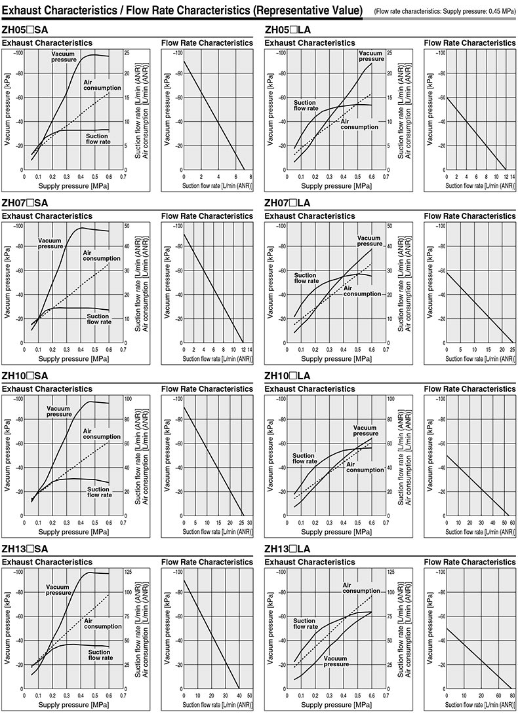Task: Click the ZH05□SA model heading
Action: pyautogui.click(x=25, y=30)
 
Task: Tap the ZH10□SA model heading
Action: pyautogui.click(x=25, y=376)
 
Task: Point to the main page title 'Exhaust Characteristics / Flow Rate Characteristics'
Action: pyautogui.click(x=182, y=10)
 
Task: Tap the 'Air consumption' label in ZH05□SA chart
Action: pyautogui.click(x=102, y=85)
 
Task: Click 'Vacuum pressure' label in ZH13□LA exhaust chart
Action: pyautogui.click(x=336, y=661)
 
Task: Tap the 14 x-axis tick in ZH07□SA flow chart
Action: pyautogui.click(x=250, y=349)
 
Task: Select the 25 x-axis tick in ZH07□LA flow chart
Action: pyautogui.click(x=511, y=349)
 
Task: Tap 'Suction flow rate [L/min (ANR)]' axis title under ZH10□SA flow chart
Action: pyautogui.click(x=217, y=532)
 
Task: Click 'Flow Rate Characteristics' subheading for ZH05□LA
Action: pyautogui.click(x=469, y=43)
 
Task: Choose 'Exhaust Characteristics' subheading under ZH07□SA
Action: pyautogui.click(x=47, y=216)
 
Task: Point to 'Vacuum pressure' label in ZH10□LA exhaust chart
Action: pyautogui.click(x=365, y=430)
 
